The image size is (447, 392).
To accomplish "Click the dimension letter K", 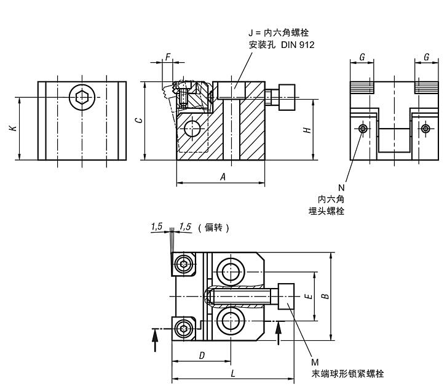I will [12, 128].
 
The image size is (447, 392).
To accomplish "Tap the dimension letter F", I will [168, 57].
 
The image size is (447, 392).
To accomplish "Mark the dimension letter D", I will [201, 356].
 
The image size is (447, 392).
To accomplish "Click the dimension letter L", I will [232, 374].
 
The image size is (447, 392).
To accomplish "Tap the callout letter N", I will [339, 186].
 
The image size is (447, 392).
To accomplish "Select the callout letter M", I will [315, 362].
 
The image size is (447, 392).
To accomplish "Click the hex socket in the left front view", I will [82, 97].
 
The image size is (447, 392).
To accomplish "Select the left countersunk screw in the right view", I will [363, 128].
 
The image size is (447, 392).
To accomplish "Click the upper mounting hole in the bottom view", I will [231, 271].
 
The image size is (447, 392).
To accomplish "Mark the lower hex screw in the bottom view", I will [184, 327].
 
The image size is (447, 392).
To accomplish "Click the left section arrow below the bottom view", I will [154, 340].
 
